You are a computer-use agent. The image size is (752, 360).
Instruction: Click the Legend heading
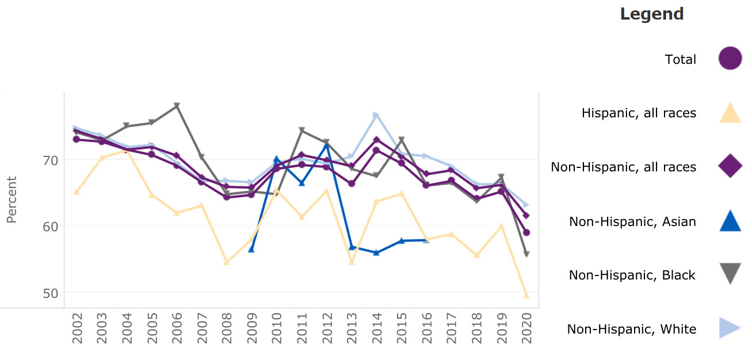pos(651,14)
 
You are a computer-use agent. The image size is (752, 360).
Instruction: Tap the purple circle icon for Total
pos(730,59)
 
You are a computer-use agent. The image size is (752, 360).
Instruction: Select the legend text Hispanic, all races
pos(639,113)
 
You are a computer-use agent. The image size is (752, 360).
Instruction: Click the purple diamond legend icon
pos(730,167)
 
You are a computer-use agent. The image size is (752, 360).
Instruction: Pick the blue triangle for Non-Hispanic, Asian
pos(730,221)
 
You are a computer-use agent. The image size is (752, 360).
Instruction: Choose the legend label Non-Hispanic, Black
pos(632,275)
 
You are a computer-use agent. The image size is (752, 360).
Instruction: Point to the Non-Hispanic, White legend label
pos(631,329)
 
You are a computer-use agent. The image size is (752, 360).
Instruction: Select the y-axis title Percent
pos(12,200)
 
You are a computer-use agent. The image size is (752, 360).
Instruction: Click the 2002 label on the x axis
pos(77,328)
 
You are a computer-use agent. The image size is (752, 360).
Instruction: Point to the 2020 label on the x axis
pos(526,328)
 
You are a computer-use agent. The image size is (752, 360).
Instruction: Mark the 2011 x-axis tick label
pos(301,328)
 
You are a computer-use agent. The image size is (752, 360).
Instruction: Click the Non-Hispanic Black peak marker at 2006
pos(177,106)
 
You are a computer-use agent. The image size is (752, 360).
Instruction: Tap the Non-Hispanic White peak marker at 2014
pos(376,116)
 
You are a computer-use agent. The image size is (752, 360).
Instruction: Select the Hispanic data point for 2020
pos(526,295)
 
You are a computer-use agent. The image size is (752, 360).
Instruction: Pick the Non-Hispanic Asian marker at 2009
pos(251,249)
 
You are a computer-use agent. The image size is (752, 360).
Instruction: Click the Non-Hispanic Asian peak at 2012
pos(326,144)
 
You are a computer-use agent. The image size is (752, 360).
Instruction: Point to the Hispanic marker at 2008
pos(227,262)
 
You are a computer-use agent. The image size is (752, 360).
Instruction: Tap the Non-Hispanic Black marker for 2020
pos(526,254)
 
